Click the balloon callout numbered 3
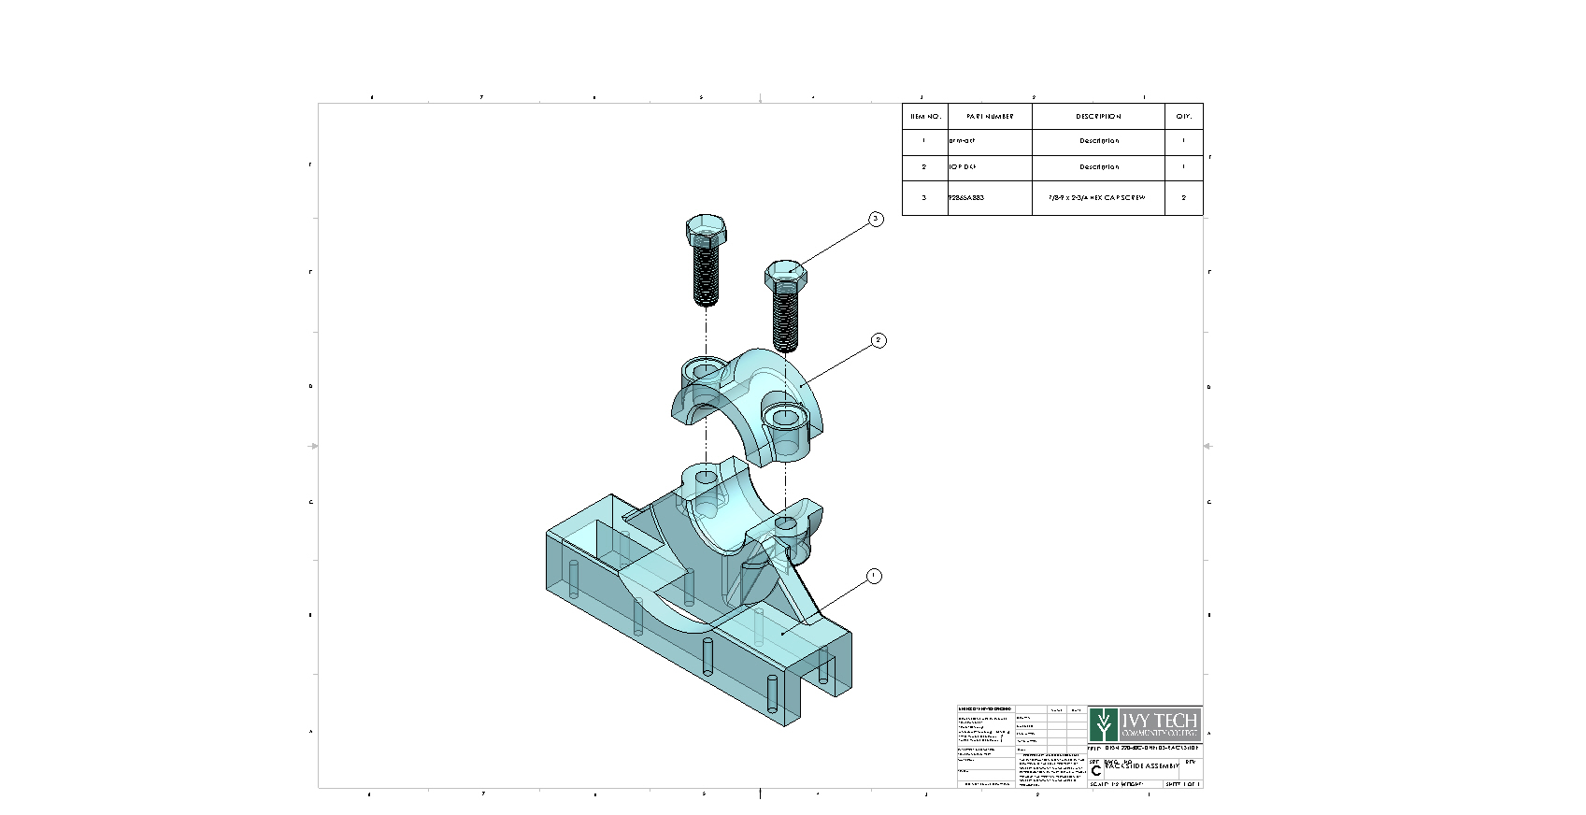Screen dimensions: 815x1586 (x=876, y=219)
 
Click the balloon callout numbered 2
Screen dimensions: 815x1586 (x=879, y=340)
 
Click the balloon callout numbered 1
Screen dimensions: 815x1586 (x=874, y=576)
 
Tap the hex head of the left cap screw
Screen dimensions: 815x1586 (x=705, y=228)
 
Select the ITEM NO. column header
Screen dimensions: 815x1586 (x=924, y=117)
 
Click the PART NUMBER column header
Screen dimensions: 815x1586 (x=990, y=117)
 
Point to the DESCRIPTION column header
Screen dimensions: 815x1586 (x=1098, y=117)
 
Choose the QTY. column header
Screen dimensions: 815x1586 (x=1183, y=117)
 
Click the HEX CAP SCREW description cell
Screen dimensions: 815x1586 (x=1098, y=198)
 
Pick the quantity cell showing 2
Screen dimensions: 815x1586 (x=1183, y=198)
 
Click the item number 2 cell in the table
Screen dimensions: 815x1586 (x=924, y=167)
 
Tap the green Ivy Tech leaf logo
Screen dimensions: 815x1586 (x=1104, y=725)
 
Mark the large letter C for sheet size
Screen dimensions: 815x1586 (x=1096, y=770)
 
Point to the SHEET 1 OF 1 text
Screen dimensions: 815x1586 (x=1182, y=784)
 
